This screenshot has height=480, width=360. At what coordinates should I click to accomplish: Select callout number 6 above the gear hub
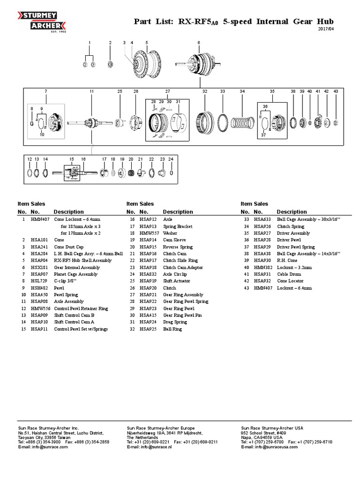tap(199, 43)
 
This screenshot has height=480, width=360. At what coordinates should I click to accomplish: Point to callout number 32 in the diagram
tap(205, 91)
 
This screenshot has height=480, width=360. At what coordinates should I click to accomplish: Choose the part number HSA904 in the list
tap(39, 260)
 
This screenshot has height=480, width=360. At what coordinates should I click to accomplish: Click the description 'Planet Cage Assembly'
tap(76, 274)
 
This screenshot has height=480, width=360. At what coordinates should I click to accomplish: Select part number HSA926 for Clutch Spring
tap(262, 226)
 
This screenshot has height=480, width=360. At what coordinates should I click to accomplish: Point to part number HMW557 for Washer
tap(149, 233)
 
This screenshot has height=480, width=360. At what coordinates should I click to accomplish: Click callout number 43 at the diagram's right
tap(336, 91)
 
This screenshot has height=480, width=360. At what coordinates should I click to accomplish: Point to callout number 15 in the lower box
tap(72, 159)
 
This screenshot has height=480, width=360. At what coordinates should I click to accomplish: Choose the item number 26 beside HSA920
tap(132, 288)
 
